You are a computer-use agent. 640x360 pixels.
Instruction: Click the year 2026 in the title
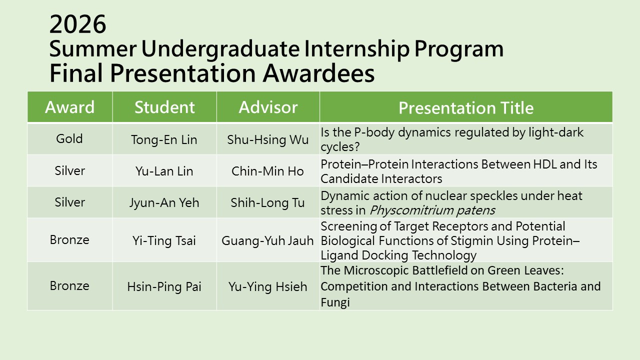(x=77, y=24)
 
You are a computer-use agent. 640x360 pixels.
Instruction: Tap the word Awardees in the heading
(x=318, y=73)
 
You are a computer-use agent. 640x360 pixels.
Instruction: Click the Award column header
(x=69, y=107)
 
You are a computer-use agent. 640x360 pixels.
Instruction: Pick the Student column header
(x=164, y=107)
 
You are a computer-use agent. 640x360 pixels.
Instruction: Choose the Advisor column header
(x=268, y=107)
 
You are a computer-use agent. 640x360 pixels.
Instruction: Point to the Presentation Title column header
(x=466, y=107)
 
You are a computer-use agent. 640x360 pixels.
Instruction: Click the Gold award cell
(x=69, y=139)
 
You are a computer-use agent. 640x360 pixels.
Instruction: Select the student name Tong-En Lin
(x=164, y=139)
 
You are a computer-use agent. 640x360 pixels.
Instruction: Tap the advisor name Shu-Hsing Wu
(x=267, y=139)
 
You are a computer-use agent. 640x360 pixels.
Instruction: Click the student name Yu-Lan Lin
(x=164, y=171)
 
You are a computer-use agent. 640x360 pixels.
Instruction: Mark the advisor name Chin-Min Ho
(x=267, y=171)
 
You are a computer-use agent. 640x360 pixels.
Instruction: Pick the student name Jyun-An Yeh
(x=164, y=203)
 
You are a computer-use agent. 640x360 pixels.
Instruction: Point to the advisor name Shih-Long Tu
(x=267, y=203)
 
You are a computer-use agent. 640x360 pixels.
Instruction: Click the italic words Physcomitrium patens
(x=432, y=210)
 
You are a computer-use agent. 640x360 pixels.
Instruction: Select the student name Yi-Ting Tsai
(x=164, y=240)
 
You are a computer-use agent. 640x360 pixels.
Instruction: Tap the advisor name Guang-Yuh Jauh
(x=267, y=240)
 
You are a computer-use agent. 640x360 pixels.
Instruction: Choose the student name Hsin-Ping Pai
(x=164, y=287)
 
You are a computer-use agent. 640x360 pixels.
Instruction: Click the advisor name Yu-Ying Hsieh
(x=267, y=287)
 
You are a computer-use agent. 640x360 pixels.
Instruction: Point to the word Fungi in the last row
(x=335, y=302)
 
